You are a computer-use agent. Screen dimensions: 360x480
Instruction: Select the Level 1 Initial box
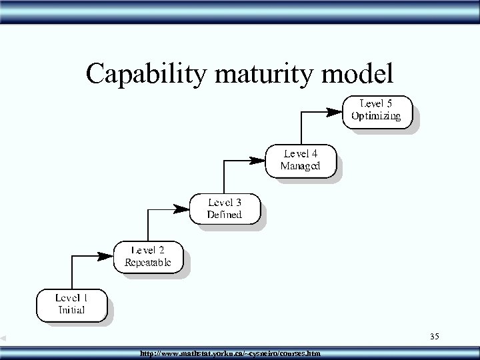coord(72,303)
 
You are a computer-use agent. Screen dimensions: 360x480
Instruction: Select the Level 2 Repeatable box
coord(148,257)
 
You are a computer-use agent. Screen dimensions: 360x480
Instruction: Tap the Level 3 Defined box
coord(224,208)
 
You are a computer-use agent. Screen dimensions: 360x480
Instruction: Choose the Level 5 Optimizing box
coord(377,111)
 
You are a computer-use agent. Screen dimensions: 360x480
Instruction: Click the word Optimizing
coord(377,116)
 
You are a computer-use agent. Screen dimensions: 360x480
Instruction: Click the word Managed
coord(300,166)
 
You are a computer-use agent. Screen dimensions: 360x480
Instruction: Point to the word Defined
coord(224,214)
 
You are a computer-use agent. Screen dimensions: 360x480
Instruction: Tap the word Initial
coord(72,310)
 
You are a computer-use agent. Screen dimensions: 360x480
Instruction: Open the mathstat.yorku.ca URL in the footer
coord(229,353)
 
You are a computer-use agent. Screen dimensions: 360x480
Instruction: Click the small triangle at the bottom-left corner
coord(3,339)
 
